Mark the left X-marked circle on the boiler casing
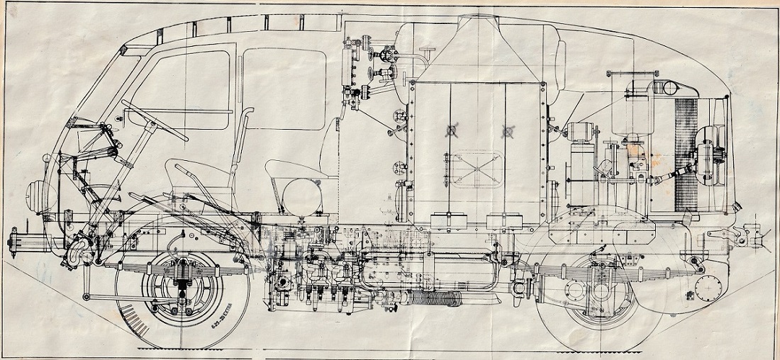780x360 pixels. pyautogui.click(x=448, y=131)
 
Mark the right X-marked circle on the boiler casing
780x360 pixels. pyautogui.click(x=508, y=131)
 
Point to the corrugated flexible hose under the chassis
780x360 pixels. pyautogui.click(x=433, y=298)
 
